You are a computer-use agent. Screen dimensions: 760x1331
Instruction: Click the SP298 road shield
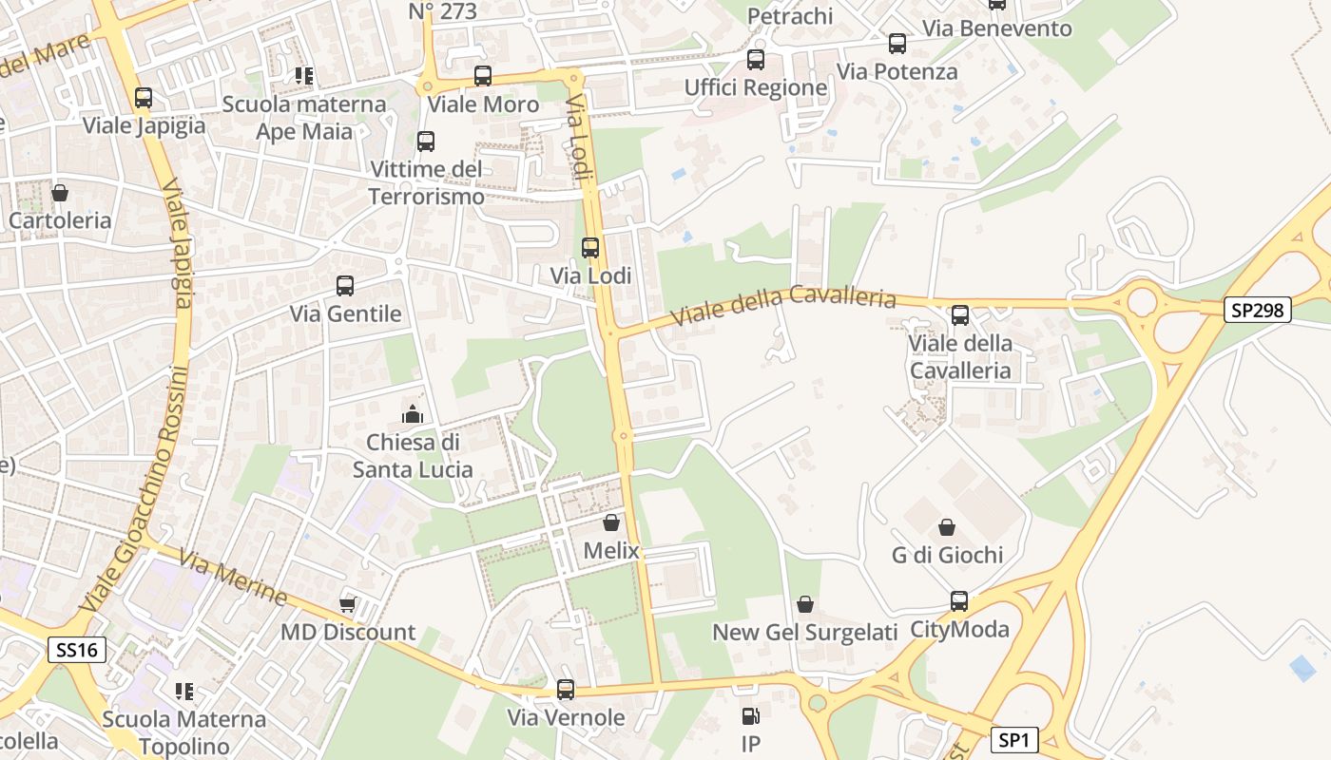coord(1257,310)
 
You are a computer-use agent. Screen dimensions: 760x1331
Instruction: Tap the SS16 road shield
coord(76,650)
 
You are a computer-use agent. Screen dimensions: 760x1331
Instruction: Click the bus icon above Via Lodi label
coord(590,248)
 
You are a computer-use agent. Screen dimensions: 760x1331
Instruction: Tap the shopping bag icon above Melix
coord(611,522)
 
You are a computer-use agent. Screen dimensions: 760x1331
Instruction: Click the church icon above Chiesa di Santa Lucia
coord(413,414)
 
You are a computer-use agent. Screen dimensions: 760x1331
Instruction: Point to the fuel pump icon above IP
coord(750,716)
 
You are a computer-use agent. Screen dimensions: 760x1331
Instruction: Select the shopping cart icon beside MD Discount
coord(348,604)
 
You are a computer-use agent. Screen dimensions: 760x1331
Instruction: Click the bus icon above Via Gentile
coord(345,285)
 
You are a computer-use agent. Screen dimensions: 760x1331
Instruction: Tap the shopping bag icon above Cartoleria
coord(60,193)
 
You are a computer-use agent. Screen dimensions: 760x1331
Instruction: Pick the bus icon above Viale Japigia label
coord(144,97)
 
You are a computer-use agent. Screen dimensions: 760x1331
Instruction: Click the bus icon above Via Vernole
coord(566,690)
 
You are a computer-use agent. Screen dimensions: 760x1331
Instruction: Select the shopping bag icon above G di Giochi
coord(947,526)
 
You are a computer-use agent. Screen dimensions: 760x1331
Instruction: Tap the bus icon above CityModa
coord(959,601)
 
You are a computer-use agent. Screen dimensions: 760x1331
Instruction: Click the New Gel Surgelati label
coord(805,633)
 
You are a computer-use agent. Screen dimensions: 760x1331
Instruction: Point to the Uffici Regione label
coord(756,87)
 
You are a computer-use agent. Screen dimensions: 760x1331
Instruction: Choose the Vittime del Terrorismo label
coord(426,183)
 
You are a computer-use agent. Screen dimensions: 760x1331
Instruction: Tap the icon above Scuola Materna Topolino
coord(184,692)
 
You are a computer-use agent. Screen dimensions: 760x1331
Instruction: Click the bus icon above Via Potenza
coord(897,44)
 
